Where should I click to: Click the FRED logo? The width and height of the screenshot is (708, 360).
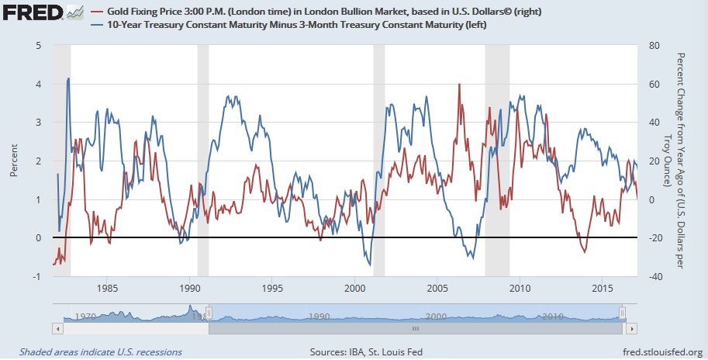pyautogui.click(x=29, y=14)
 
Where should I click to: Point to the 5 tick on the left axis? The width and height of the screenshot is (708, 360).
pyautogui.click(x=38, y=46)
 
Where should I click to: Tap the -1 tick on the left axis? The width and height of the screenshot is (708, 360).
pyautogui.click(x=36, y=276)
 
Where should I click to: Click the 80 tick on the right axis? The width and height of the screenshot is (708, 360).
pyautogui.click(x=653, y=46)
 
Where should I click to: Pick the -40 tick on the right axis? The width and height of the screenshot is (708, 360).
pyautogui.click(x=654, y=276)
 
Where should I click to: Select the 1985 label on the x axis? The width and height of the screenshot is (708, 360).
pyautogui.click(x=108, y=289)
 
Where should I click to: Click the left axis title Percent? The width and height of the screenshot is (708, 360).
pyautogui.click(x=14, y=161)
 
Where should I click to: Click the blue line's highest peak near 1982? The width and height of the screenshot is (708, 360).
pyautogui.click(x=69, y=78)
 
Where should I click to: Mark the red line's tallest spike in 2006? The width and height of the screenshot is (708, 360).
pyautogui.click(x=459, y=85)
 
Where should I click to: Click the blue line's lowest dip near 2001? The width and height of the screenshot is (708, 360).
pyautogui.click(x=370, y=265)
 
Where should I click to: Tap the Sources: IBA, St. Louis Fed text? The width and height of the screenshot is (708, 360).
pyautogui.click(x=366, y=351)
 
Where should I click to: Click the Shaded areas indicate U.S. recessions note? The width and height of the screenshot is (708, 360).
pyautogui.click(x=101, y=351)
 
